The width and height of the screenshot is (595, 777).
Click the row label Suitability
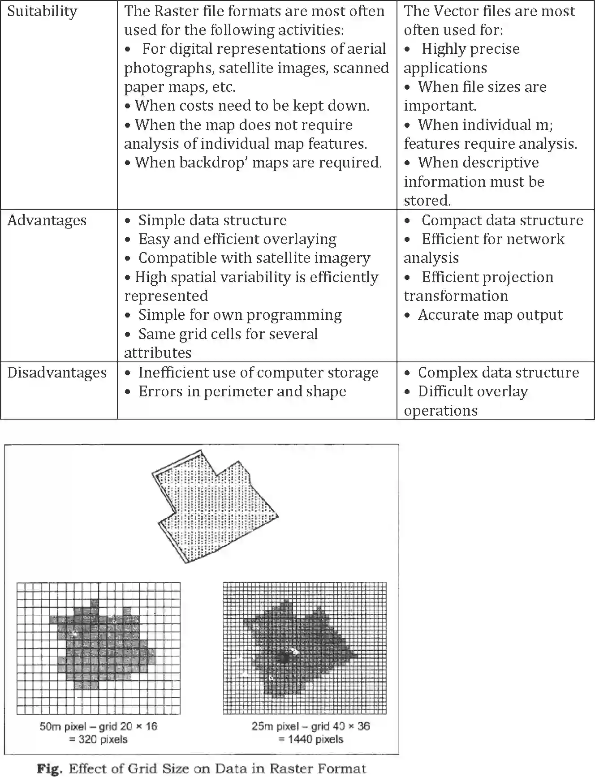pyautogui.click(x=42, y=11)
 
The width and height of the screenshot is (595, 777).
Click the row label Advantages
pyautogui.click(x=47, y=220)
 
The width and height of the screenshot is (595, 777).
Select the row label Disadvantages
pyautogui.click(x=57, y=373)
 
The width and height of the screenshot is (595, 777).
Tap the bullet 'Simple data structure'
pyautogui.click(x=212, y=220)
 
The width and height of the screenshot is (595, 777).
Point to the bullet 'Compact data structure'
pyautogui.click(x=502, y=220)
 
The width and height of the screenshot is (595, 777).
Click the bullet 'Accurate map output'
pyautogui.click(x=490, y=315)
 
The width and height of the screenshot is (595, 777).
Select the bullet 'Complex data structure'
pyautogui.click(x=498, y=373)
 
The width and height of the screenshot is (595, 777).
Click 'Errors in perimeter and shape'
pyautogui.click(x=242, y=391)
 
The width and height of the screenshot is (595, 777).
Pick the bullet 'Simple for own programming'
pyautogui.click(x=240, y=315)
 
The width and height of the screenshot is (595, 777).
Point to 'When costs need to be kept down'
pyautogui.click(x=252, y=106)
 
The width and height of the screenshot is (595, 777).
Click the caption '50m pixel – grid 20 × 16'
pyautogui.click(x=99, y=726)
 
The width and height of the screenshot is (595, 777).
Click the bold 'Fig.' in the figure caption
pyautogui.click(x=49, y=769)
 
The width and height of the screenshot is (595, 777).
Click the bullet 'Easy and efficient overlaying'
pyautogui.click(x=237, y=239)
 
